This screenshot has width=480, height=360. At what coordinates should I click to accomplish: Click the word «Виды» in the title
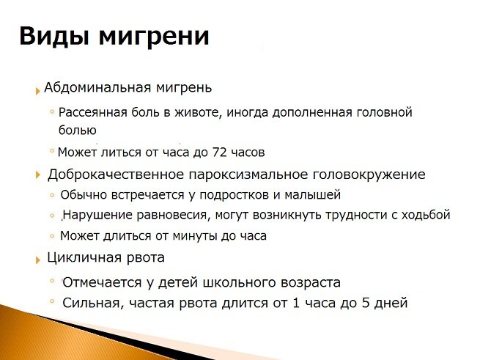point(54,37)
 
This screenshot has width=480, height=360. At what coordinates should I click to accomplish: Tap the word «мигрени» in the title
point(154,37)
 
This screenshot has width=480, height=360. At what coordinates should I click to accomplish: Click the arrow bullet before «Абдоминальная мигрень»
point(37,91)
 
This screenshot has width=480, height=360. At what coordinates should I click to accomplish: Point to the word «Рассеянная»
point(93,112)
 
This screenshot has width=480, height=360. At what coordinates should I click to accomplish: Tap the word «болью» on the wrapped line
point(78,130)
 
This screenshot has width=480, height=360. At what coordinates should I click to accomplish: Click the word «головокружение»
point(369,175)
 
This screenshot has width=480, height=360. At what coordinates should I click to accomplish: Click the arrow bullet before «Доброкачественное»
point(38,175)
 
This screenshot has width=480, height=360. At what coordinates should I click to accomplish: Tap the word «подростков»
point(234,195)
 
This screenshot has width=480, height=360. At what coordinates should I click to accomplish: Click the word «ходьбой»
point(426,215)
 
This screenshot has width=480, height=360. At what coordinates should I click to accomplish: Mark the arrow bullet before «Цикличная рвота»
point(38,260)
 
